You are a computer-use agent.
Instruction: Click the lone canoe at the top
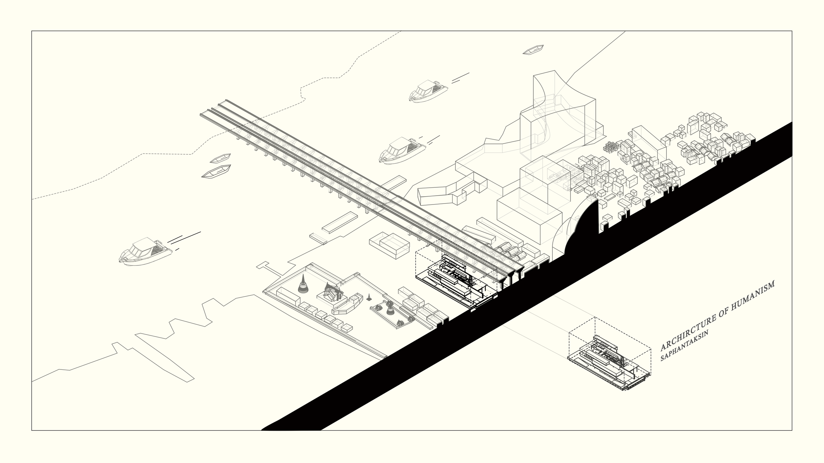point(533,50)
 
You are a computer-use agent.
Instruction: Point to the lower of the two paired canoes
point(216,172)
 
